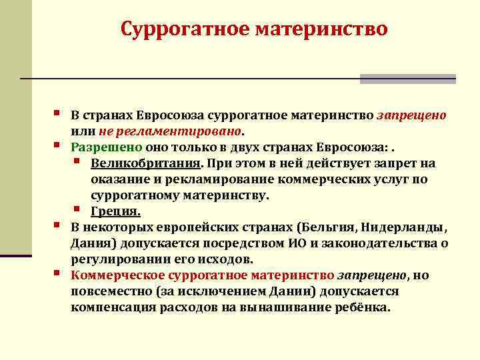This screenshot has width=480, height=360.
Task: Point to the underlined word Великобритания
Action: [146, 163]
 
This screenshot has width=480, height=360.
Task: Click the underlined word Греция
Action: [115, 211]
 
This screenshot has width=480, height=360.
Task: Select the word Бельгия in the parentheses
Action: [325, 227]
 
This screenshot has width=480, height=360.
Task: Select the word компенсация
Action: [113, 307]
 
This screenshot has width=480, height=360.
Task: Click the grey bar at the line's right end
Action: [408, 79]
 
